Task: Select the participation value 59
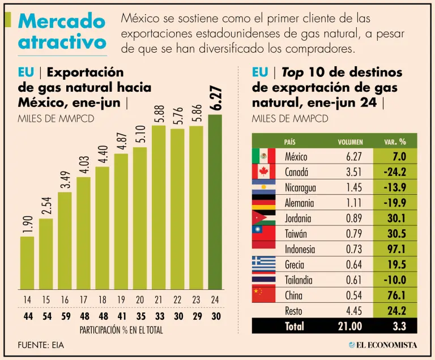coord(65,316)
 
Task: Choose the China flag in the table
coord(263,294)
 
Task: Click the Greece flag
coord(263,264)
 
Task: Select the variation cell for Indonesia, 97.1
coord(395,249)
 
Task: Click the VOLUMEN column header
coord(350,142)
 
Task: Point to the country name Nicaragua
coord(300,187)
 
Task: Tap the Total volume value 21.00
coord(349,325)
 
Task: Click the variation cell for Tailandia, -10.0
coord(394,280)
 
